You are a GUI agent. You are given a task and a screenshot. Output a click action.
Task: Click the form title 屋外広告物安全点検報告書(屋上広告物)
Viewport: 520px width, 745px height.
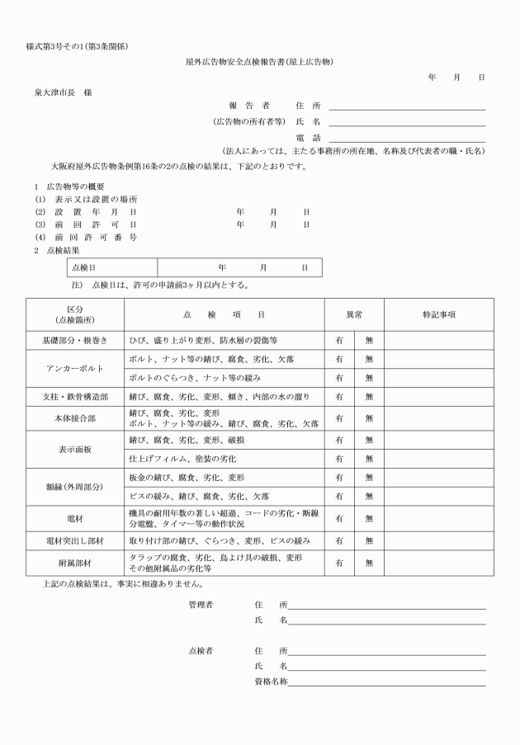260,62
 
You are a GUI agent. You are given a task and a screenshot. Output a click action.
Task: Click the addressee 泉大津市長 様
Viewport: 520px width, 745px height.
64,92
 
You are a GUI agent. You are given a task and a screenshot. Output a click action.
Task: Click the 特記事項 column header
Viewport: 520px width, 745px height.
439,314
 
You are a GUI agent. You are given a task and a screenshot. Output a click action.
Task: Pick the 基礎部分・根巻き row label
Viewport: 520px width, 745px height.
75,339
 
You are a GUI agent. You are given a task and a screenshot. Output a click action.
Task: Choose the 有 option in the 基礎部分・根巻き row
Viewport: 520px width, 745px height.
339,339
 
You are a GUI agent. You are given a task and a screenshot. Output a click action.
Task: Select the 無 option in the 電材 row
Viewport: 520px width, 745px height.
369,519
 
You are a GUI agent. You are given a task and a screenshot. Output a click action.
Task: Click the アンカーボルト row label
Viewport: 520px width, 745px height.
75,368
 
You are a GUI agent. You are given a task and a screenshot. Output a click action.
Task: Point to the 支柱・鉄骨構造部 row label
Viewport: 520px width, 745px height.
75,397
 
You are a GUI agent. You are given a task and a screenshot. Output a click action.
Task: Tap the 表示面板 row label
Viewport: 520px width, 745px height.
75,448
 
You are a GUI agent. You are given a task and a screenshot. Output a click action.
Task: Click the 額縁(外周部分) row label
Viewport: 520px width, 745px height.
75,487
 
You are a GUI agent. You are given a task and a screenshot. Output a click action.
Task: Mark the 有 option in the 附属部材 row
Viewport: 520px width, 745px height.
339,563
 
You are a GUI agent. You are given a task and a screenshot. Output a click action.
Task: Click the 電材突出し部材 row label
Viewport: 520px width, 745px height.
75,541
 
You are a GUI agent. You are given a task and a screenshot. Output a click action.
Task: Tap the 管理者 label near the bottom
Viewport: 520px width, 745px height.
201,605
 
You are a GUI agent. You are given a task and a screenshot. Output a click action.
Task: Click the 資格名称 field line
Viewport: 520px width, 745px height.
386,683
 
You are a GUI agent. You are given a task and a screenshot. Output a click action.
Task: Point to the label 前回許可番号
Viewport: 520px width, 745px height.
86,238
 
